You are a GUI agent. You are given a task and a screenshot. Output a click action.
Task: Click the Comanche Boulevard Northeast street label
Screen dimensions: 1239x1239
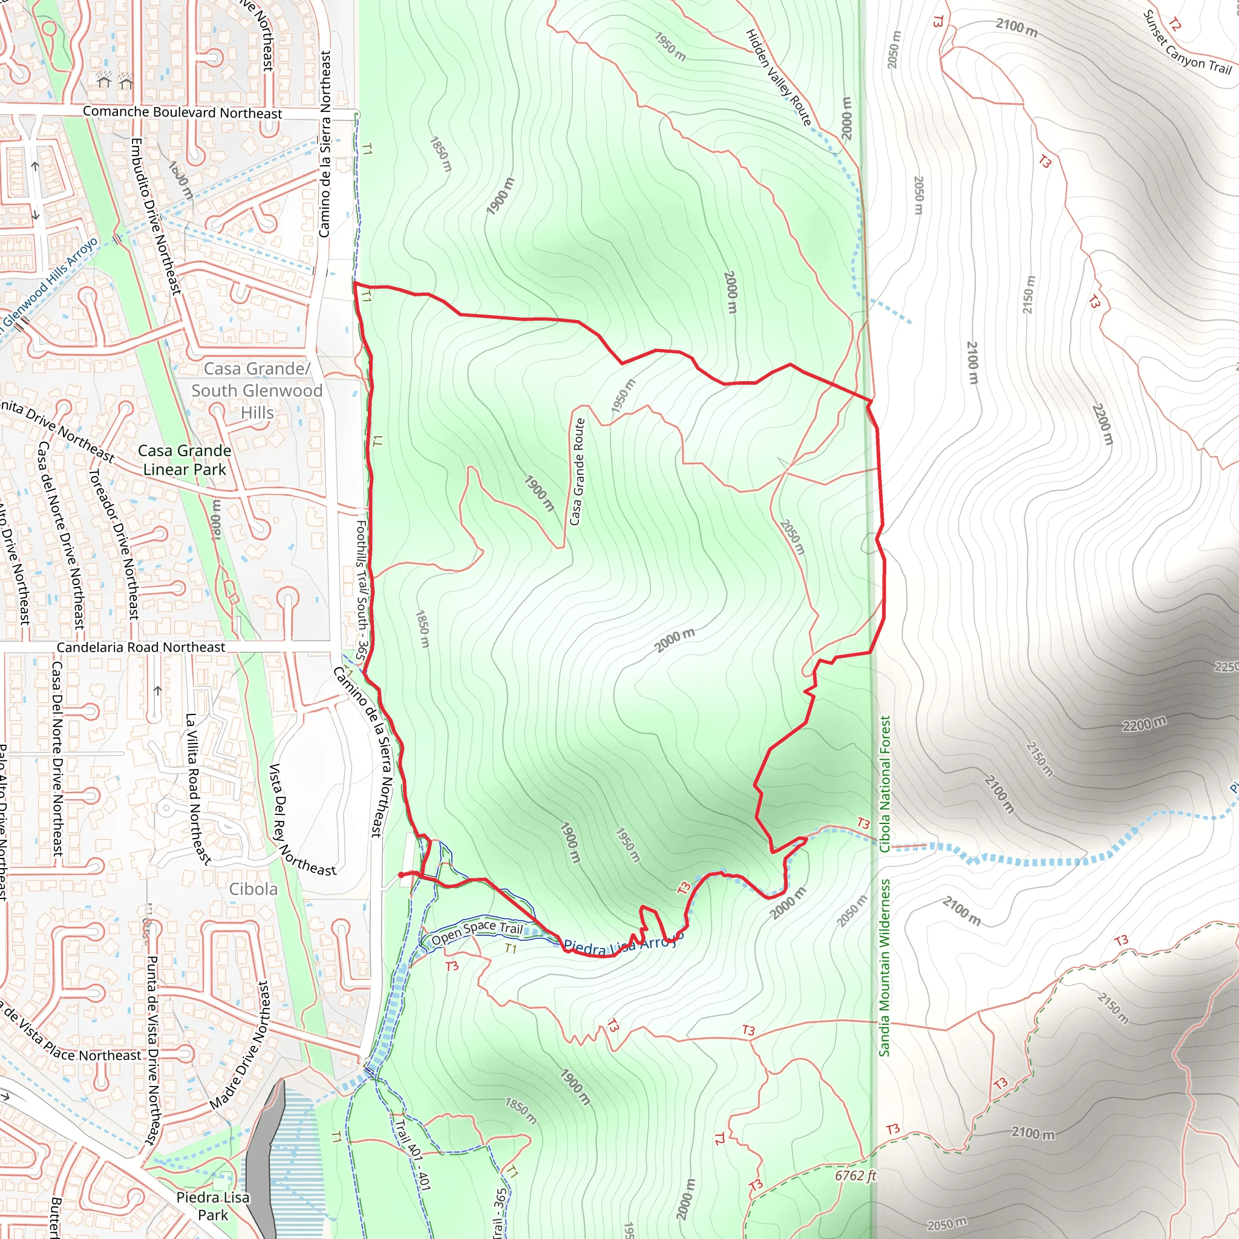click(x=182, y=113)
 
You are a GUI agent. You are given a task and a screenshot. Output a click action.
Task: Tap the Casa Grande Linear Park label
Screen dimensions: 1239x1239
click(x=185, y=460)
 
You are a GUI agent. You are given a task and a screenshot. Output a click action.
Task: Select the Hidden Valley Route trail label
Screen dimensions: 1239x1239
click(x=778, y=77)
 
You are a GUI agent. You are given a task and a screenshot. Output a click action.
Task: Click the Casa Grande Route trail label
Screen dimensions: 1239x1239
click(x=578, y=471)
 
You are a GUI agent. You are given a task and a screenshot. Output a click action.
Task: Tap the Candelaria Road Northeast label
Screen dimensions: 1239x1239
click(x=141, y=647)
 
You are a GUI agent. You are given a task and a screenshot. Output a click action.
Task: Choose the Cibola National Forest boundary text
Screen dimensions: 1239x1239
click(x=885, y=783)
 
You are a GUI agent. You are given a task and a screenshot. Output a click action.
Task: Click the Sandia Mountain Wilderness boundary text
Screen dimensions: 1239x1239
click(x=885, y=967)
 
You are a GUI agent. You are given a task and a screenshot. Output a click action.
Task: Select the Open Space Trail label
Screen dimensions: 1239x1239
click(x=477, y=932)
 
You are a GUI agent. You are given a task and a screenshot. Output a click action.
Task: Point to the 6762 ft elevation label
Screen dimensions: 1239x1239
click(x=855, y=1175)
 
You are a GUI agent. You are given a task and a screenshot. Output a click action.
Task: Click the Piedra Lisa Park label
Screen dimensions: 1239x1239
click(x=213, y=1206)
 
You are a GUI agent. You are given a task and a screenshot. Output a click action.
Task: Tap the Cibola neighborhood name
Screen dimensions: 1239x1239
click(x=253, y=889)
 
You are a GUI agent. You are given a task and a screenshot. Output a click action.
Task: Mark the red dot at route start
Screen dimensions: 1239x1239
click(x=401, y=875)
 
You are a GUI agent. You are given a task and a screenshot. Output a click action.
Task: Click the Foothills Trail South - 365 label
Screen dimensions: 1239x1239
click(x=362, y=590)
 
